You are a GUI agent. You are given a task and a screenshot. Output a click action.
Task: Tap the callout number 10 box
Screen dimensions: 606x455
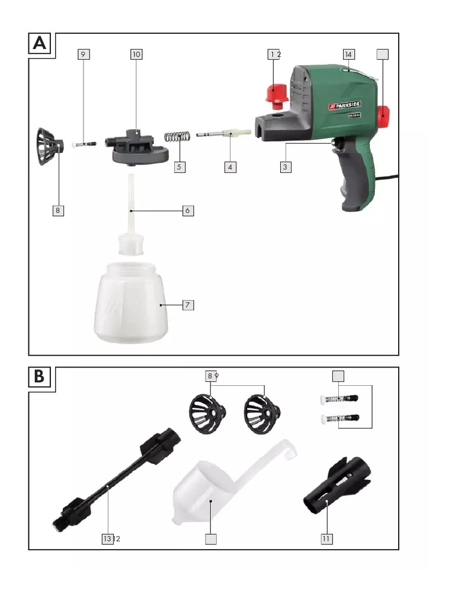coord(136,54)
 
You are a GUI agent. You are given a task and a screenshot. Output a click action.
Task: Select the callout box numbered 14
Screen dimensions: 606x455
coord(348,54)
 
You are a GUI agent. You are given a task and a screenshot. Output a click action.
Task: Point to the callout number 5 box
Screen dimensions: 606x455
coord(180,167)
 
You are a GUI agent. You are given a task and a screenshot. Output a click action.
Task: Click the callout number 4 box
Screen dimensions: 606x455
coord(230,167)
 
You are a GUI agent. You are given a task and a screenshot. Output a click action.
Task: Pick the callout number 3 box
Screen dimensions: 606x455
coord(286,167)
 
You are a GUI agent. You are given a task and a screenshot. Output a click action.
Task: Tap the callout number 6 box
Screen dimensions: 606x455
coord(187,210)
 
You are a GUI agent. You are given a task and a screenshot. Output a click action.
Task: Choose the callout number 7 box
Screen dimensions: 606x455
coord(187,305)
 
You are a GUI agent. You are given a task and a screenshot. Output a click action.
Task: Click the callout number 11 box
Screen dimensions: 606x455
coord(326,539)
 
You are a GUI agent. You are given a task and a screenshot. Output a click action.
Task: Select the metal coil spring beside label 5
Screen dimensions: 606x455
coord(176,136)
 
